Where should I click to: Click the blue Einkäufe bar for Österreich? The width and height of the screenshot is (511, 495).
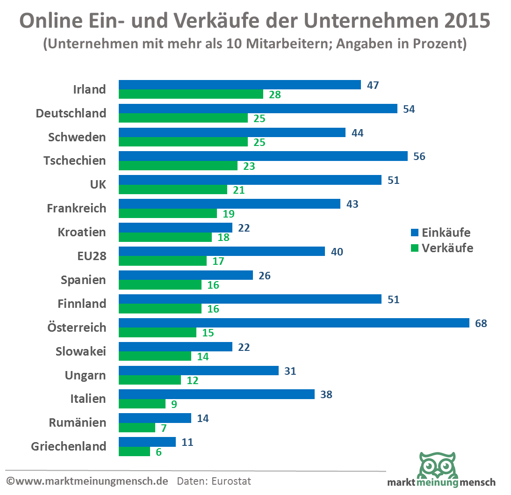pos(294,323)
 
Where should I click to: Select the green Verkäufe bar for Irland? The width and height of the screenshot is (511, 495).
pos(191,94)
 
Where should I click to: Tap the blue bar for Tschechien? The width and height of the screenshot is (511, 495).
pos(263,156)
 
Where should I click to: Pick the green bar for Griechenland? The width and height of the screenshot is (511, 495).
pos(134,451)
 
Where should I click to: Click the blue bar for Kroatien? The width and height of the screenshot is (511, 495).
pos(175,227)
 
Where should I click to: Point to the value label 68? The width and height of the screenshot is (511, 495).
pos(481,323)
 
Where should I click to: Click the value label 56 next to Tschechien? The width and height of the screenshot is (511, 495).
pos(419,157)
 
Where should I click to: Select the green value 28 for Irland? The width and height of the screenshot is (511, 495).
pos(275,95)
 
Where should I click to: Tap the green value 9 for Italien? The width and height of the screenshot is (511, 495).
pos(174,404)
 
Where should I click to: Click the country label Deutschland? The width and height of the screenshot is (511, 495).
pos(72,113)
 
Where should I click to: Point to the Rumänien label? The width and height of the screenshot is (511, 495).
pos(77,422)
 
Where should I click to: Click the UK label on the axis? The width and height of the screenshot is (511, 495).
pos(98,184)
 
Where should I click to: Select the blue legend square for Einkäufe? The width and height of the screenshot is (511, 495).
pos(414,233)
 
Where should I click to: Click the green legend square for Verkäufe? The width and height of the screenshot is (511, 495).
pos(414,248)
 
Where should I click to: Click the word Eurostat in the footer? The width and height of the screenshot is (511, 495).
pos(231,480)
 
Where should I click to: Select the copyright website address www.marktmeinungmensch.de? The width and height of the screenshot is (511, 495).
pos(91,480)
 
